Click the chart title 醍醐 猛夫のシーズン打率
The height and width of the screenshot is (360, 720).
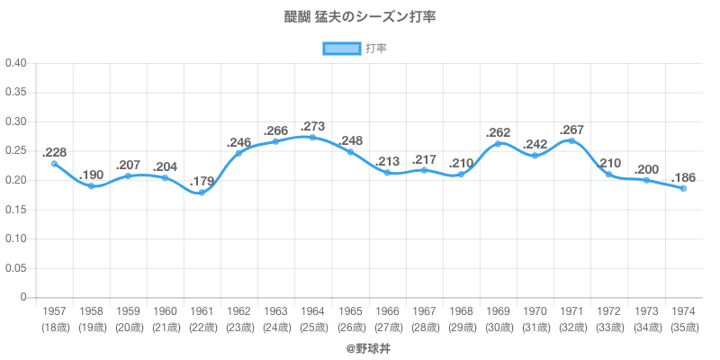[x=360, y=17]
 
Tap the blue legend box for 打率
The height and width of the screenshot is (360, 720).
[x=341, y=49]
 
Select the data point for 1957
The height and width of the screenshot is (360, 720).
[x=54, y=164]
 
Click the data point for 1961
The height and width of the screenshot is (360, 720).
[x=202, y=193]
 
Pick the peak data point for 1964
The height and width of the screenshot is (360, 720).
[x=312, y=137]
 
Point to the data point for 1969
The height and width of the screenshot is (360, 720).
[x=498, y=144]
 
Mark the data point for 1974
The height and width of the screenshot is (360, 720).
[x=683, y=188]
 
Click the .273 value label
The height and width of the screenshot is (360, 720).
[x=312, y=123]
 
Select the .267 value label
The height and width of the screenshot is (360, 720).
[x=572, y=130]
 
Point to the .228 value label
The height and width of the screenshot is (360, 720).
[x=55, y=152]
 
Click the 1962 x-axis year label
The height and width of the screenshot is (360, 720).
[x=238, y=310]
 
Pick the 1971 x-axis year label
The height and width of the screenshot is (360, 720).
[x=571, y=310]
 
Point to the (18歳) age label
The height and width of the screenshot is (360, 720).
[x=54, y=327]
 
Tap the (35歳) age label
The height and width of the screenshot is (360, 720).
[x=683, y=327]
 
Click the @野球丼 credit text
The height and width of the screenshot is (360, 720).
[x=360, y=346]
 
